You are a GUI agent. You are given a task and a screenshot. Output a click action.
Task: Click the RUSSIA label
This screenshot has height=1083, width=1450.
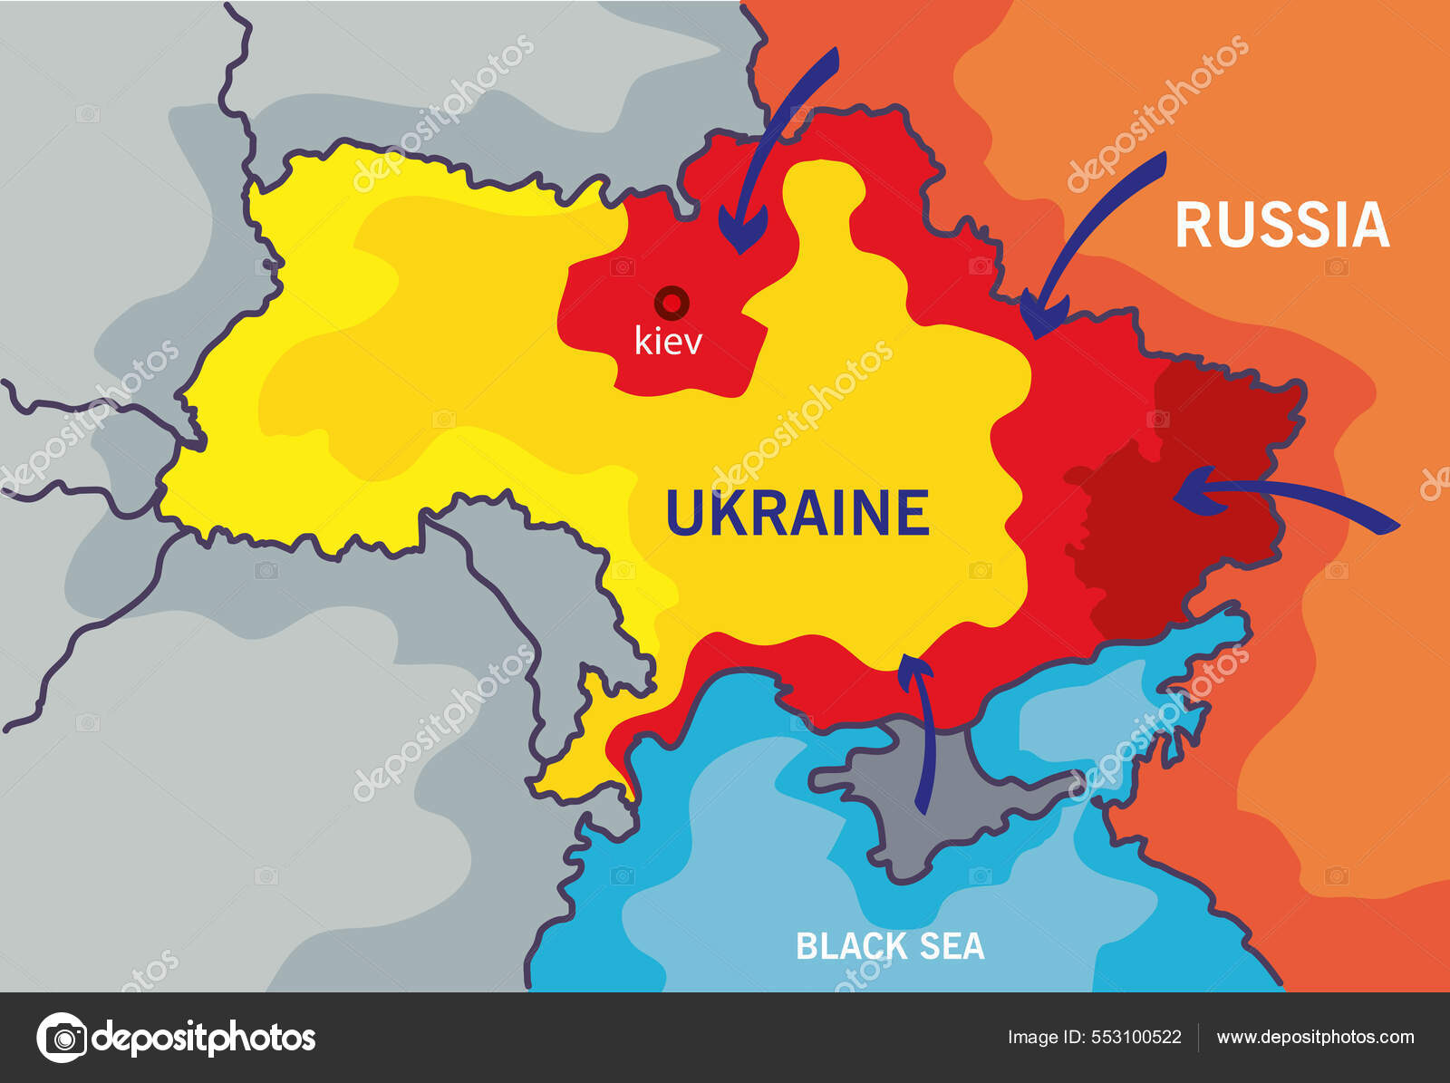(x=1281, y=225)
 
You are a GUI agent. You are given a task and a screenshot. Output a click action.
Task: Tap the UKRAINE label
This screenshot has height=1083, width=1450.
(x=797, y=513)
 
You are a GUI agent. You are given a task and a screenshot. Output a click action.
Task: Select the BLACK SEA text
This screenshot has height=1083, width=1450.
(x=889, y=946)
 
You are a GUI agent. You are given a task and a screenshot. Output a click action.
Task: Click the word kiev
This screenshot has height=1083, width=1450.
(x=668, y=342)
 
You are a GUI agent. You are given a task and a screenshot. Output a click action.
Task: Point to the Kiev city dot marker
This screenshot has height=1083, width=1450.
(x=672, y=302)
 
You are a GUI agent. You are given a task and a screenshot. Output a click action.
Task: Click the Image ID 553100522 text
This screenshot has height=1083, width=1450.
(x=1094, y=1038)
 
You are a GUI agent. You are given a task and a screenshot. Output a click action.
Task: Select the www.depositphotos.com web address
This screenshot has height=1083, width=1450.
(x=1315, y=1038)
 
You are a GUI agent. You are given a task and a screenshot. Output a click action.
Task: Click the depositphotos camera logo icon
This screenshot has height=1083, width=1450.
(x=62, y=1038)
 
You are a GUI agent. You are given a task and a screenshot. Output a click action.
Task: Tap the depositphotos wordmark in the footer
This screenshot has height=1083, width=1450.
(x=204, y=1038)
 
